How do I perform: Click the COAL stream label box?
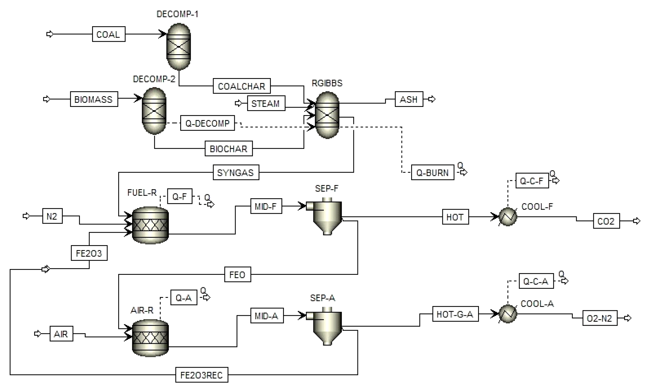108,34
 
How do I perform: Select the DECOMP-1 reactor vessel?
178,47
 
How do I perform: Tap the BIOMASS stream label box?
94,99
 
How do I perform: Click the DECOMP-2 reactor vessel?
154,111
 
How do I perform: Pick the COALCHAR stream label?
242,86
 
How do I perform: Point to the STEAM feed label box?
266,103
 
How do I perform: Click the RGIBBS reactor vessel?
327,115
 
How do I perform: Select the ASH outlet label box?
409,99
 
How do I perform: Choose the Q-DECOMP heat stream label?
207,123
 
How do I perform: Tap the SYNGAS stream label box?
236,172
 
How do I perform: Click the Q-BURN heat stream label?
432,172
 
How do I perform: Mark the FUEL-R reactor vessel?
150,225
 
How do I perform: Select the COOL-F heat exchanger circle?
507,217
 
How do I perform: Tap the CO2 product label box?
606,221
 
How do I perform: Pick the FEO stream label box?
238,274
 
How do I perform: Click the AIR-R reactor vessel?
150,338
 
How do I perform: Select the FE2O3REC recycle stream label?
202,375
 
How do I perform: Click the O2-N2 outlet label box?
600,318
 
